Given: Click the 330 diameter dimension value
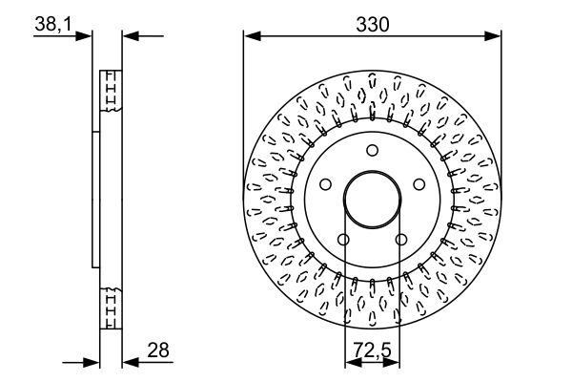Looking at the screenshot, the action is pyautogui.click(x=373, y=25).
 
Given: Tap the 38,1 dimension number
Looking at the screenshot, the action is pyautogui.click(x=53, y=25).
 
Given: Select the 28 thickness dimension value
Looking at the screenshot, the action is pyautogui.click(x=158, y=350).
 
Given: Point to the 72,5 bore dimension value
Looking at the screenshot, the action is pyautogui.click(x=372, y=350).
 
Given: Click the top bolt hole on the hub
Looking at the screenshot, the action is pyautogui.click(x=372, y=150).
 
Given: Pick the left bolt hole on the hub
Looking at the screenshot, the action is pyautogui.click(x=325, y=184).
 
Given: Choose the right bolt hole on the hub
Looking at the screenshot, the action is pyautogui.click(x=419, y=184).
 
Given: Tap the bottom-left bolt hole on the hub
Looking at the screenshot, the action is pyautogui.click(x=343, y=240).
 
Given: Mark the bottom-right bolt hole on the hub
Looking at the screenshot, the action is pyautogui.click(x=401, y=240).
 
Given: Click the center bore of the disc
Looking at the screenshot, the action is pyautogui.click(x=372, y=200).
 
